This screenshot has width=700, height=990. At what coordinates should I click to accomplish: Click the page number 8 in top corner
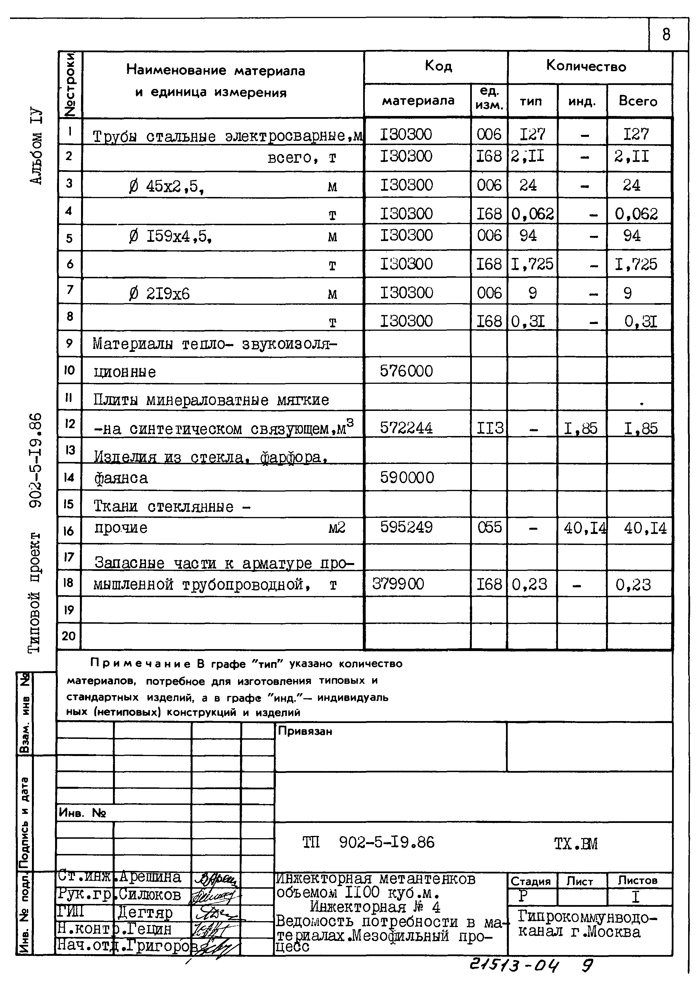coord(666,34)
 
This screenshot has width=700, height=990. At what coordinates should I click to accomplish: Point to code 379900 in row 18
coord(398,584)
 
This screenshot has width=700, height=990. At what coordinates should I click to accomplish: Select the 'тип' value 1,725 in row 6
coord(532,264)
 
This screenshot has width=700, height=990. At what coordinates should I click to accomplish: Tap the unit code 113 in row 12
coord(489,428)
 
